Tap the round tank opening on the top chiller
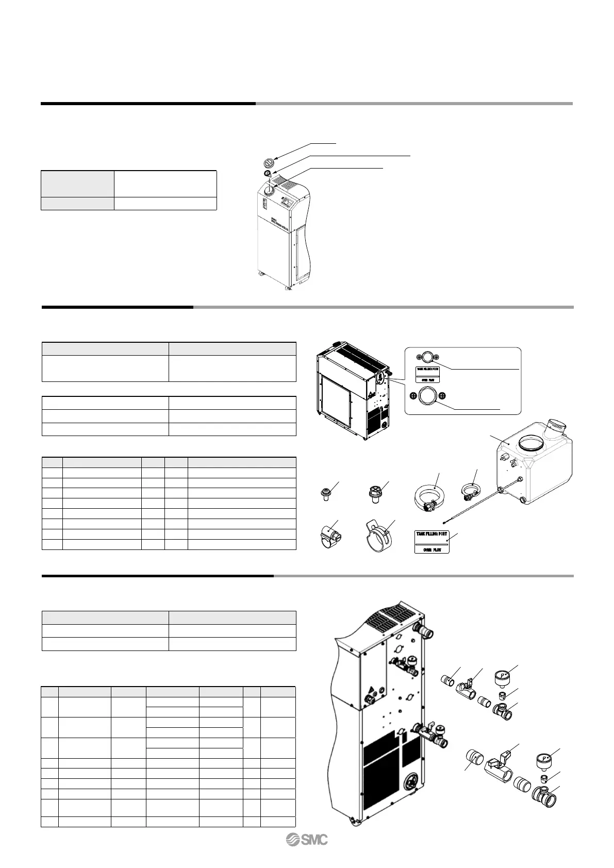point(269,191)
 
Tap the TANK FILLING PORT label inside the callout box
point(427,374)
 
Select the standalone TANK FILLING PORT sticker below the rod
point(432,541)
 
